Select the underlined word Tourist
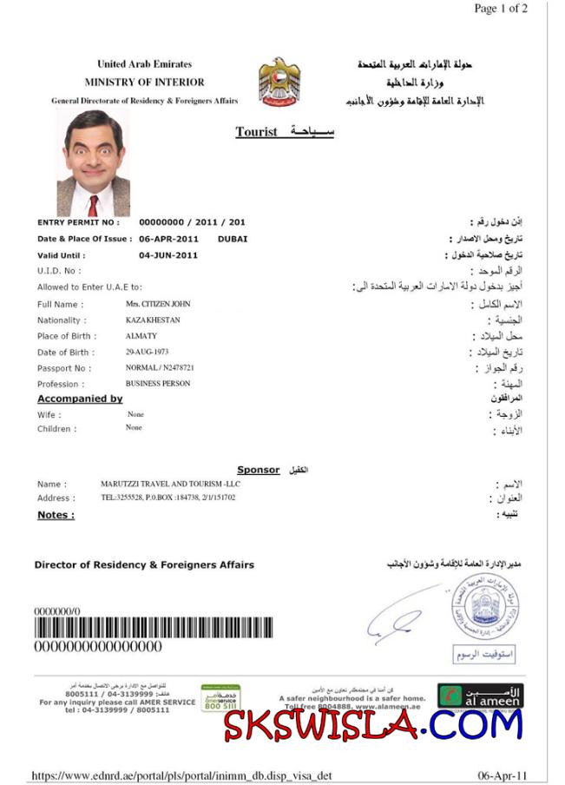click(x=256, y=132)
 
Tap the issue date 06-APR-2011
click(x=169, y=238)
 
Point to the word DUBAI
click(x=233, y=238)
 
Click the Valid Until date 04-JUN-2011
click(x=168, y=255)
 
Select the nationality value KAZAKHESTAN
click(x=153, y=320)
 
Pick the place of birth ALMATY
click(x=141, y=336)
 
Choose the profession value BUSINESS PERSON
click(x=158, y=383)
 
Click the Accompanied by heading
click(x=80, y=399)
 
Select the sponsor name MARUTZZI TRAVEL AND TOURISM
click(x=170, y=483)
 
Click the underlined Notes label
click(x=56, y=515)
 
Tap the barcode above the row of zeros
click(x=153, y=628)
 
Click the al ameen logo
click(x=491, y=695)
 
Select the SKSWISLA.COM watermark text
click(x=373, y=724)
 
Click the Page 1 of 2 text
click(x=500, y=9)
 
